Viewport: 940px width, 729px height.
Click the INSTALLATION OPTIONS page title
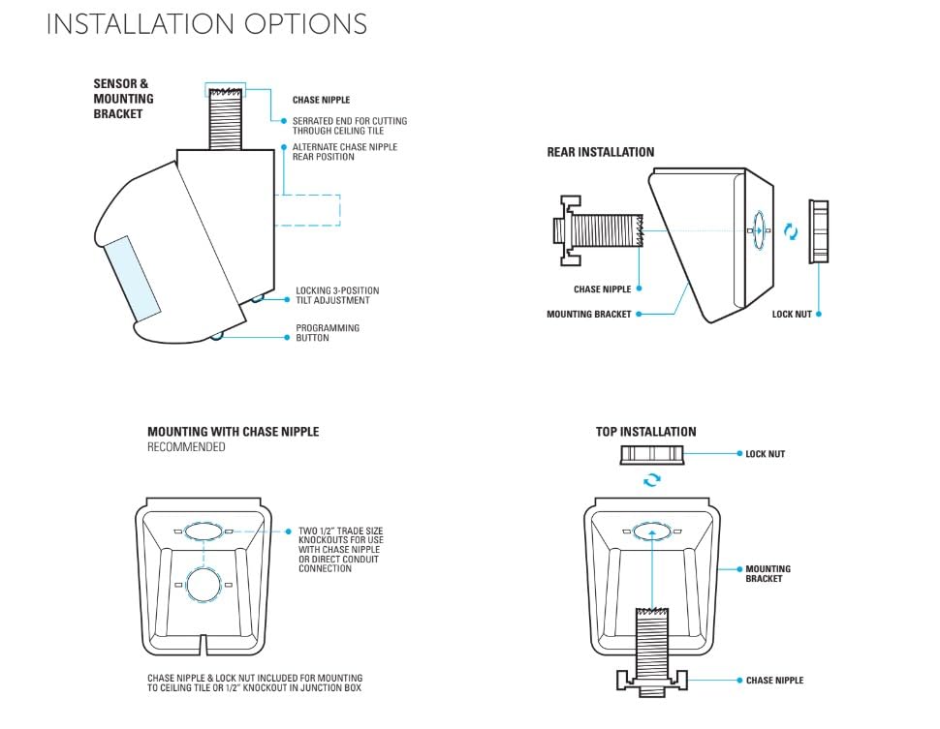(x=206, y=24)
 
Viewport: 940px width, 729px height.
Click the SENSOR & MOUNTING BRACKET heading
(x=123, y=99)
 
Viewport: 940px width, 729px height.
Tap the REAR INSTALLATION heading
(x=600, y=152)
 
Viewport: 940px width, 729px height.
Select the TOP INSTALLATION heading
(x=645, y=432)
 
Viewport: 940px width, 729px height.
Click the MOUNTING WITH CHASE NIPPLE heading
(x=233, y=432)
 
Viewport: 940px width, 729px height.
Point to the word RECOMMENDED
(x=186, y=447)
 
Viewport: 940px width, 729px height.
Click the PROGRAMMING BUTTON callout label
(x=328, y=333)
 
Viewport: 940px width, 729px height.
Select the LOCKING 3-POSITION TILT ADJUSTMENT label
(x=337, y=295)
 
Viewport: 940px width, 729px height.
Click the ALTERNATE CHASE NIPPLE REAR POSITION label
(x=344, y=152)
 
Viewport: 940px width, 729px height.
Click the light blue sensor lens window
(x=131, y=277)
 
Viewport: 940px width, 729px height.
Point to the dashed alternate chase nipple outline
(x=308, y=210)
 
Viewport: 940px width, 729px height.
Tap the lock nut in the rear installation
(x=818, y=231)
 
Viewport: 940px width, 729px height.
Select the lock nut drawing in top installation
(x=652, y=454)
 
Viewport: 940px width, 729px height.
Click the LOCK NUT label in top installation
(x=765, y=454)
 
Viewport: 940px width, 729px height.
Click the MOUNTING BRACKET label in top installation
(x=768, y=574)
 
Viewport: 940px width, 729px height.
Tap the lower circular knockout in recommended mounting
(x=204, y=586)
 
